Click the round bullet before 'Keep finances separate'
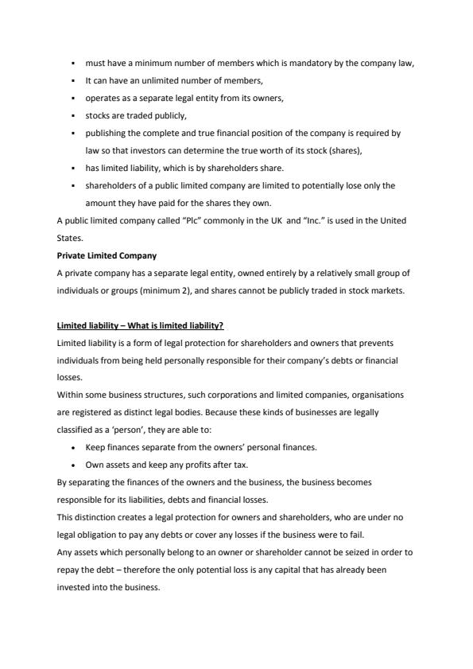point(74,447)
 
